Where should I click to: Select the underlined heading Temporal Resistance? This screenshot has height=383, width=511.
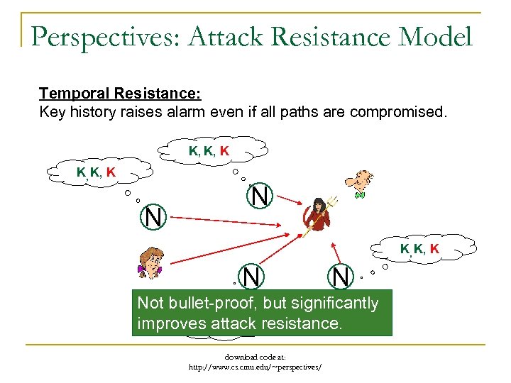[120, 94]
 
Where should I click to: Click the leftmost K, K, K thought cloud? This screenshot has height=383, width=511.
[97, 172]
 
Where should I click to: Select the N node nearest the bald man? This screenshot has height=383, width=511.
[260, 196]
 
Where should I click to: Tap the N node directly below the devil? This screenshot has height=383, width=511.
[341, 277]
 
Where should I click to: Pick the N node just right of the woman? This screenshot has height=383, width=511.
[253, 277]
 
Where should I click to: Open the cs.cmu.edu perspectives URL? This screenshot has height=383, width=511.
[255, 367]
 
